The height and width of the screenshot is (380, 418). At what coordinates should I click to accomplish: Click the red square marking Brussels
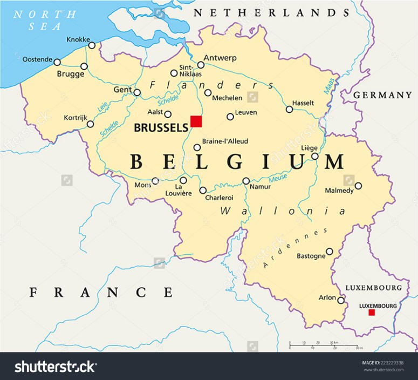click(x=196, y=121)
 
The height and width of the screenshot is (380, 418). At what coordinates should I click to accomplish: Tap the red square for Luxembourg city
click(x=371, y=313)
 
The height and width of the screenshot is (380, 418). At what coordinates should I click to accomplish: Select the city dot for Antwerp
click(x=201, y=65)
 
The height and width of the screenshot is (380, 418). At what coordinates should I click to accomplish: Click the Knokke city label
click(x=78, y=39)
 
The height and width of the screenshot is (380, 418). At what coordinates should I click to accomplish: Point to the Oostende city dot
click(x=57, y=62)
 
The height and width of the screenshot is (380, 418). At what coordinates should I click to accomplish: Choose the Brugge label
click(x=70, y=74)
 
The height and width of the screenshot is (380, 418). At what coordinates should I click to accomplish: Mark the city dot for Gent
click(x=137, y=92)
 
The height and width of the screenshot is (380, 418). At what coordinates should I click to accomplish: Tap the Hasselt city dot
click(x=290, y=109)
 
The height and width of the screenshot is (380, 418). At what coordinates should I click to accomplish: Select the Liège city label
click(x=309, y=148)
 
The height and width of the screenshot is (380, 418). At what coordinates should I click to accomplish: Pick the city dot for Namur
click(x=246, y=181)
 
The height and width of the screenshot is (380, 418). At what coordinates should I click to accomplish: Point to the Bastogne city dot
click(x=330, y=251)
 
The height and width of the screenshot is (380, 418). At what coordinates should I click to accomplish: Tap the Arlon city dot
click(x=341, y=300)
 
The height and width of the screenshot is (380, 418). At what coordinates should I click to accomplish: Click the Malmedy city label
click(x=339, y=191)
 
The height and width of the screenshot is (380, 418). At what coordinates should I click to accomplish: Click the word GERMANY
click(x=382, y=95)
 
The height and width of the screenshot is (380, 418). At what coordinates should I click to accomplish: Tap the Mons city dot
click(x=155, y=181)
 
